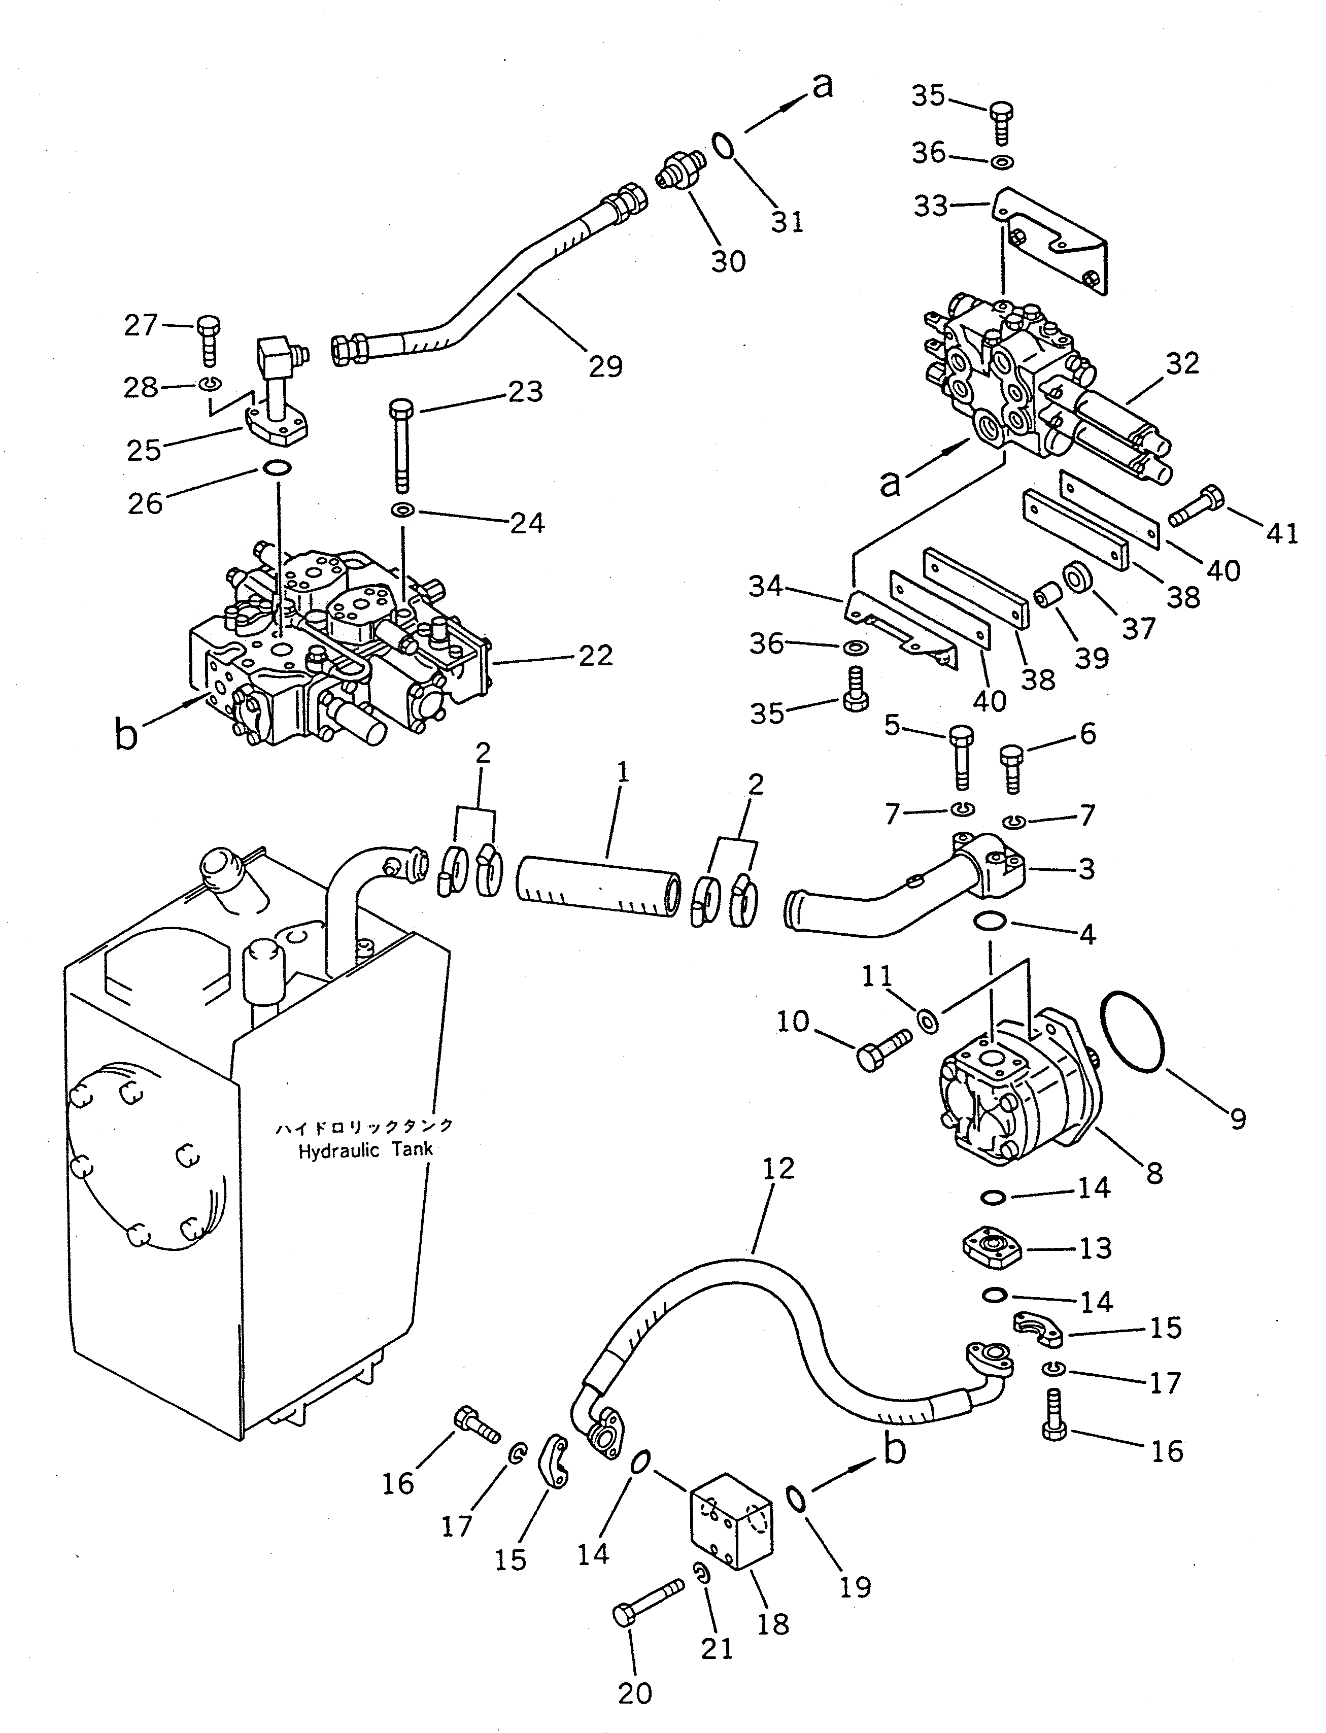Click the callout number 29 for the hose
(x=605, y=366)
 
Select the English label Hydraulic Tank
(x=365, y=1150)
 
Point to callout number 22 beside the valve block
(x=595, y=655)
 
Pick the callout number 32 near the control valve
(x=1181, y=364)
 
